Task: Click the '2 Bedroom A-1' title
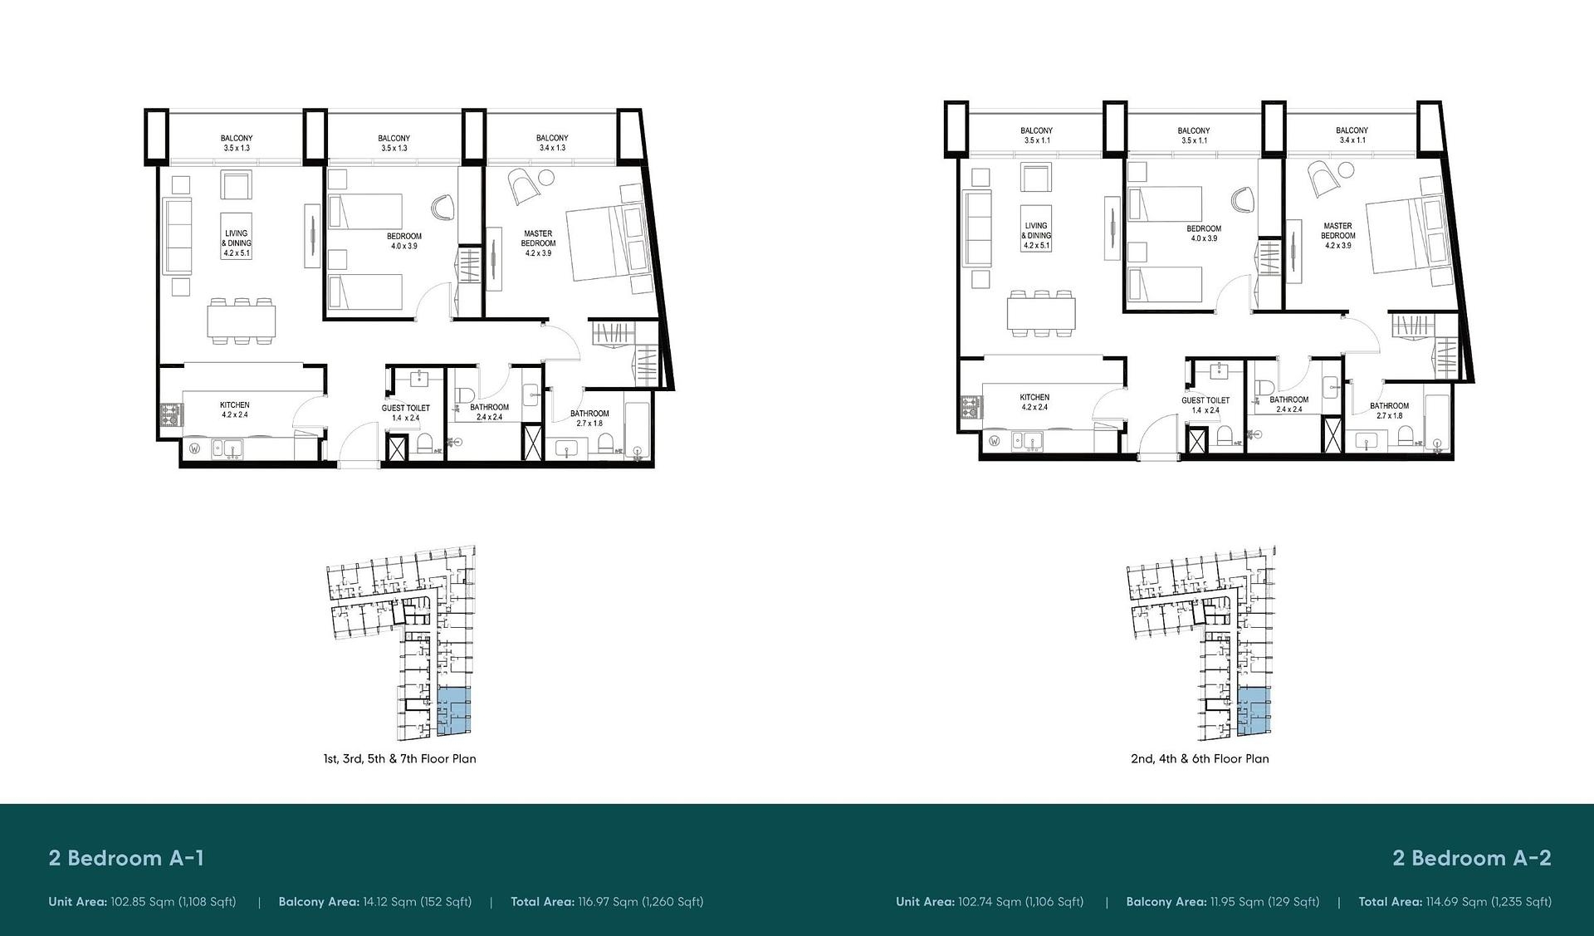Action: (x=126, y=858)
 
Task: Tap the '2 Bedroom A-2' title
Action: (x=1472, y=858)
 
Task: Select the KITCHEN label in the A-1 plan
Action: (x=235, y=404)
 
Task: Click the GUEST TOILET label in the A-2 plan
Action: (x=1205, y=400)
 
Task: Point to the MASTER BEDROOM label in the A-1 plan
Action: (x=538, y=238)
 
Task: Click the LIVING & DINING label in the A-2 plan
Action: (x=1036, y=230)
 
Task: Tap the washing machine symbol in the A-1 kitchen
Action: (x=195, y=449)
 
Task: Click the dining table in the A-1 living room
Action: (x=242, y=320)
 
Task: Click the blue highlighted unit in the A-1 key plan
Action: (x=453, y=712)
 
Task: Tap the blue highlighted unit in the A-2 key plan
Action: (x=1254, y=712)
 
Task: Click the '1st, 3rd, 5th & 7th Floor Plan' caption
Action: (x=400, y=758)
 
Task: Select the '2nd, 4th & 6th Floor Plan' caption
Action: (x=1200, y=758)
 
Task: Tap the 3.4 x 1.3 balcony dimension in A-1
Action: (x=552, y=148)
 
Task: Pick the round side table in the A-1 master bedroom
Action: (x=545, y=177)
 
